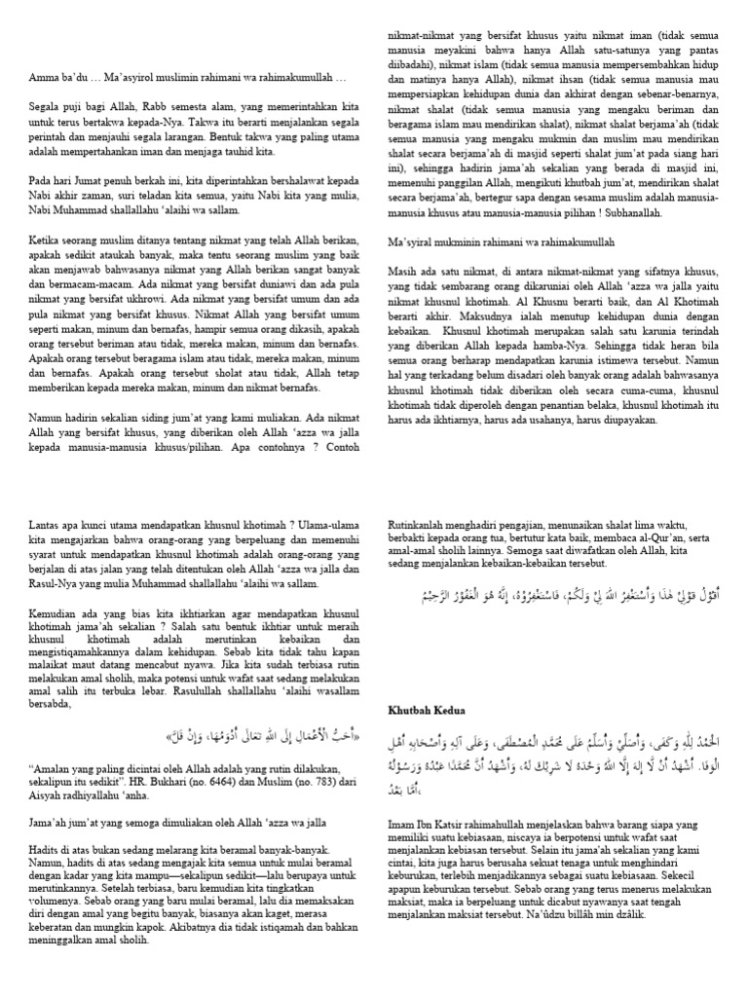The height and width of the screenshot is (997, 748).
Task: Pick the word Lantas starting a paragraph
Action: pyautogui.click(x=45, y=522)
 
